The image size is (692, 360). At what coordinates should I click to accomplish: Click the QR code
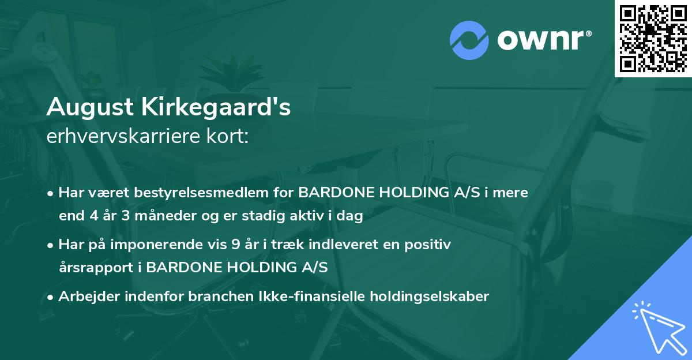pos(653,38)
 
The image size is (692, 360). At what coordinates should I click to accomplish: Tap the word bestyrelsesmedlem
pos(188,193)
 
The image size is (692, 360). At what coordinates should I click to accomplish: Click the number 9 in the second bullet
pos(235,245)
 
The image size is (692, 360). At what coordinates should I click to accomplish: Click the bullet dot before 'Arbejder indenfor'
pos(51,297)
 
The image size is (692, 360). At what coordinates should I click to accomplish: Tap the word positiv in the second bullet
pos(428,245)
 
